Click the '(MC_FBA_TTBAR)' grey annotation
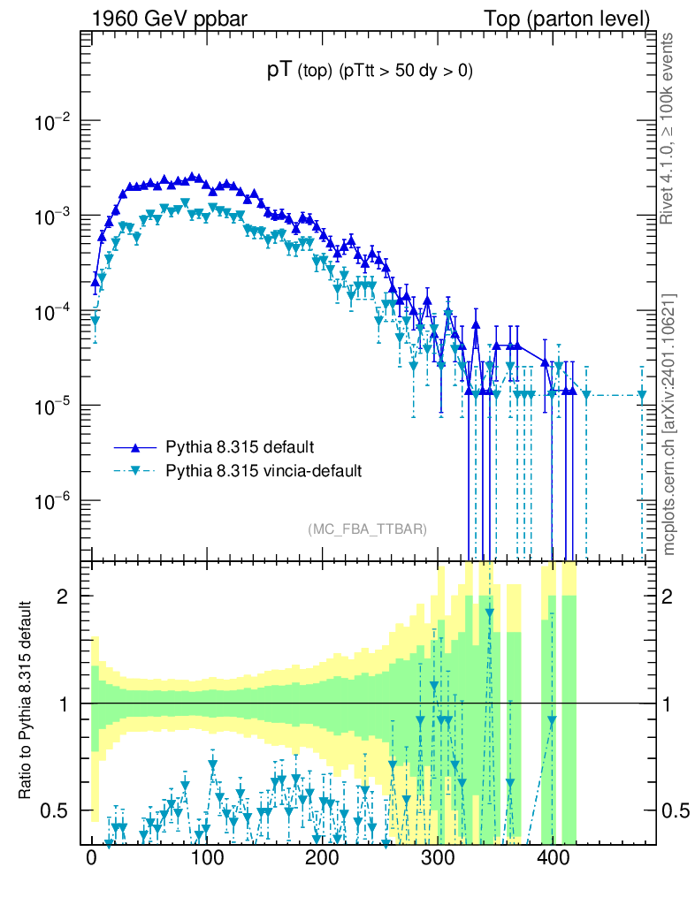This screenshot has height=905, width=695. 368,529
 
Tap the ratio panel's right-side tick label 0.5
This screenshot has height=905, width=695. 676,810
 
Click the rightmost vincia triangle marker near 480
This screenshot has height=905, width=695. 643,396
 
